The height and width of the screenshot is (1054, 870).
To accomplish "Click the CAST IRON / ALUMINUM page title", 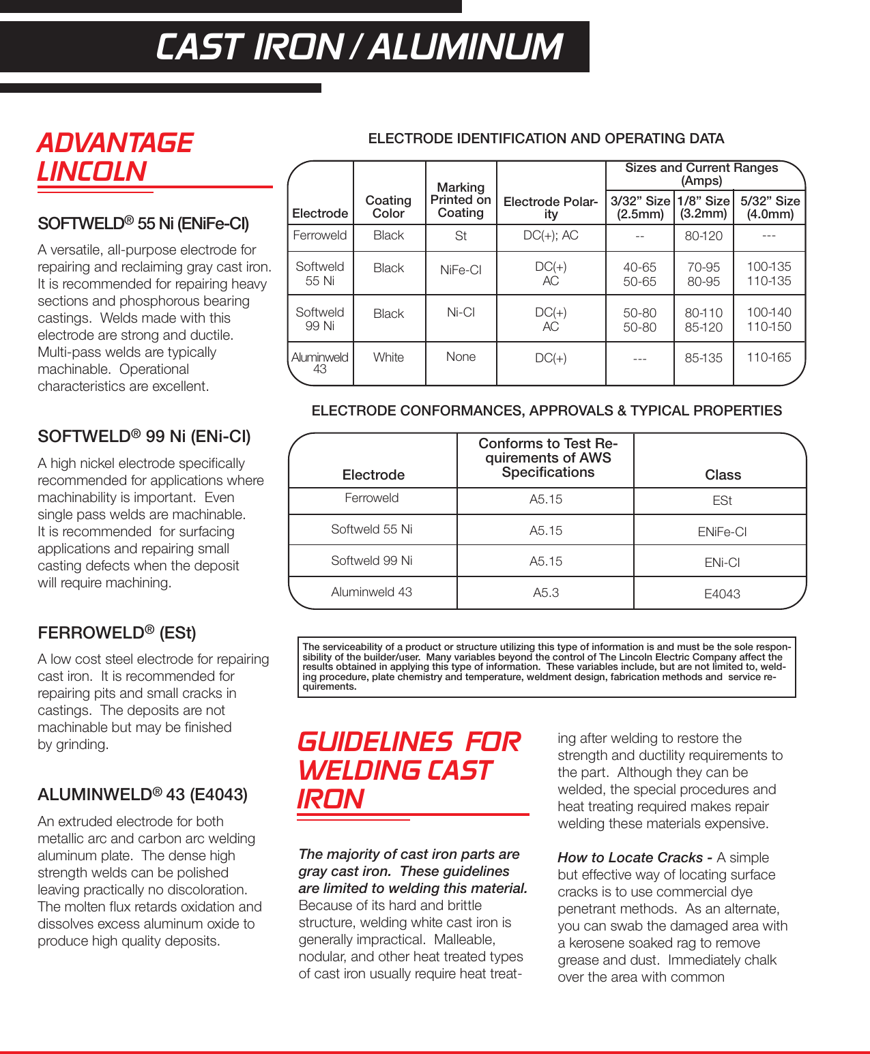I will pos(359,47).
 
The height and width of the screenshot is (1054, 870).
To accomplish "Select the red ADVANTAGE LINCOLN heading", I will pos(115,158).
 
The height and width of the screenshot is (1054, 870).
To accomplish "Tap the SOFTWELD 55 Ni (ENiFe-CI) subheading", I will pos(143,224).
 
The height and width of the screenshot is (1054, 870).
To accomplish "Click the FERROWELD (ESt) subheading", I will pos(117,633).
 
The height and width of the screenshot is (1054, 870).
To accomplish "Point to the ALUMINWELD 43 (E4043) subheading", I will pos(143,795).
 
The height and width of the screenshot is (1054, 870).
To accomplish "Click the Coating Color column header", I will pos(388,207).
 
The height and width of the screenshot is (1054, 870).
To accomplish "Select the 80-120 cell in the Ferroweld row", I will pos(703,236).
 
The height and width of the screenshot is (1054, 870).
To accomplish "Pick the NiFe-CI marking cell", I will pos(461,270).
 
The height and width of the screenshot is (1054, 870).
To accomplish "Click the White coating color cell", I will pos(388,357).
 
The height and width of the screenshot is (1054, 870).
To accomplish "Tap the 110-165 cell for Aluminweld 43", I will pos(768,357).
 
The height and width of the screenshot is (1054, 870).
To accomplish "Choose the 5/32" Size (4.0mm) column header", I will pos(770,207).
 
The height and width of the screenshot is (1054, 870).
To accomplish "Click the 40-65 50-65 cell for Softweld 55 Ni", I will pos(639,274).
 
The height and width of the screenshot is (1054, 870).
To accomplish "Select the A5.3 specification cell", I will pos(545,593).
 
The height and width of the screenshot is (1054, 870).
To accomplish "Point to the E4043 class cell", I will pos(722,594).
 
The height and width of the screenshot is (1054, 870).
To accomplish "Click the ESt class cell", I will pos(722,501).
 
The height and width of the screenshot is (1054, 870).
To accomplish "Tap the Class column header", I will pos(722,475).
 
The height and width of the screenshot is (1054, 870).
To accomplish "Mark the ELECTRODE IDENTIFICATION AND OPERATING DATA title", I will pos(546,138).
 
